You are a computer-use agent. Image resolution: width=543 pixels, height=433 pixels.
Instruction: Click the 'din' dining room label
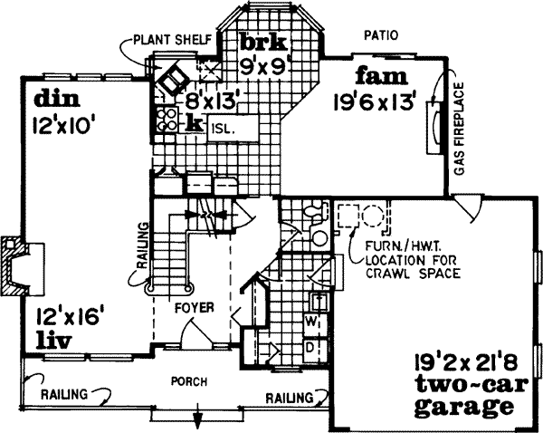coord(48,97)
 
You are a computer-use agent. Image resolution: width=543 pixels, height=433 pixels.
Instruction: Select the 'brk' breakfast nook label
coord(262,42)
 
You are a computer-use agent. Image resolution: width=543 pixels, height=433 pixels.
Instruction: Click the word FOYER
coord(195,308)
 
